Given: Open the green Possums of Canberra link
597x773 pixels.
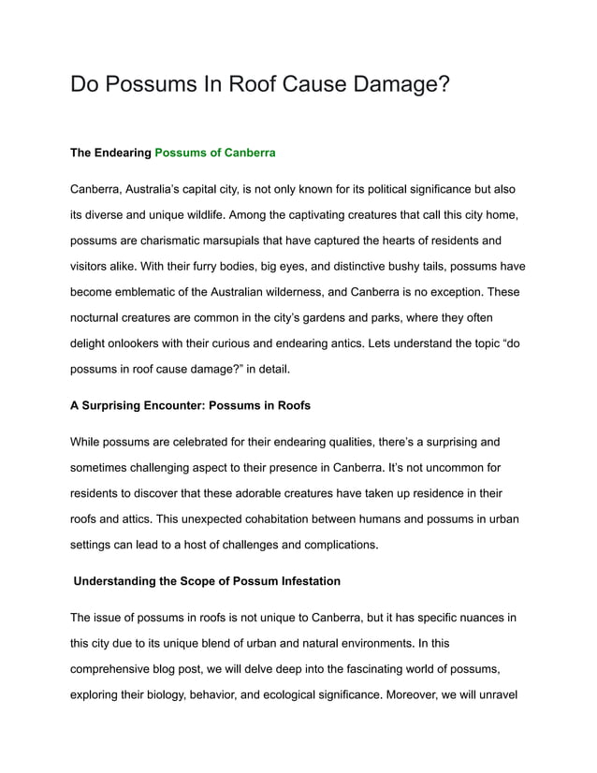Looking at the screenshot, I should click(x=214, y=151).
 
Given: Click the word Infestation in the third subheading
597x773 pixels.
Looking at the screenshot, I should click(x=304, y=581).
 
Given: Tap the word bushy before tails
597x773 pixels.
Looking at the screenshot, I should click(x=430, y=266).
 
